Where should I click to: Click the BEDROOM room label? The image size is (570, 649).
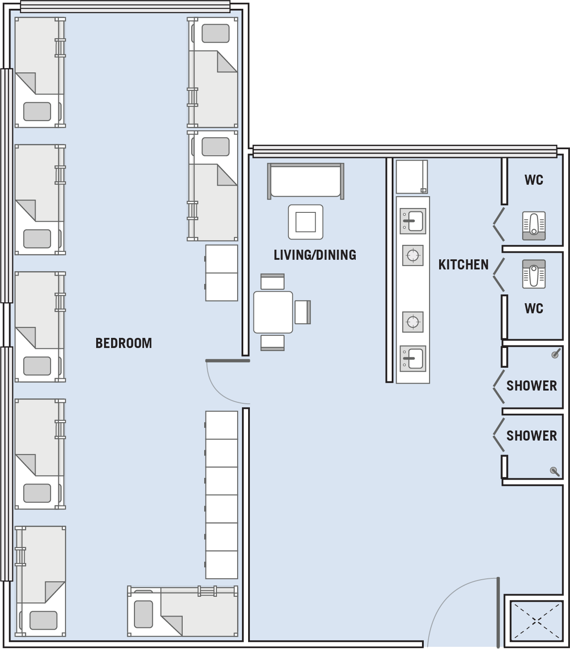click(124, 343)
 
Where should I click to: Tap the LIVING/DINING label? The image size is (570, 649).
click(315, 255)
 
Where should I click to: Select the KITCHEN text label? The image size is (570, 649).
click(463, 265)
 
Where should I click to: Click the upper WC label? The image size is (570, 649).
click(534, 180)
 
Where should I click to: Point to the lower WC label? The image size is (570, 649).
click(534, 308)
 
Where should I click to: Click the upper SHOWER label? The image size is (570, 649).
click(531, 386)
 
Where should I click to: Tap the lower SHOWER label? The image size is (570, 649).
click(531, 436)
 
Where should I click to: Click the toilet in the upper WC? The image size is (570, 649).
click(534, 226)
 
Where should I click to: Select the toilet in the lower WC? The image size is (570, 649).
click(534, 274)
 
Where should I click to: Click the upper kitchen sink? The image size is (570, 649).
click(413, 221)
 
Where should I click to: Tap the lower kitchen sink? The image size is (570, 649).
click(413, 359)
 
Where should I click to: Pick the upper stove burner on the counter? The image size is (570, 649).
click(413, 255)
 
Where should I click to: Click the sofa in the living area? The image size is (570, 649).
click(306, 181)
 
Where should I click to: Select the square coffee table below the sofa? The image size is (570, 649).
click(306, 222)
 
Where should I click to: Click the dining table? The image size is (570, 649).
click(273, 312)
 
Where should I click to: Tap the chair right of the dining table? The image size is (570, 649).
click(303, 312)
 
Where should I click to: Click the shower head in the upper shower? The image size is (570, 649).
click(556, 354)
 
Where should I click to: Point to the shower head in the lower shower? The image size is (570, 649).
click(555, 471)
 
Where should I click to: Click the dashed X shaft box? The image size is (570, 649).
click(536, 621)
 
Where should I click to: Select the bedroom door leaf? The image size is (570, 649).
click(227, 361)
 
